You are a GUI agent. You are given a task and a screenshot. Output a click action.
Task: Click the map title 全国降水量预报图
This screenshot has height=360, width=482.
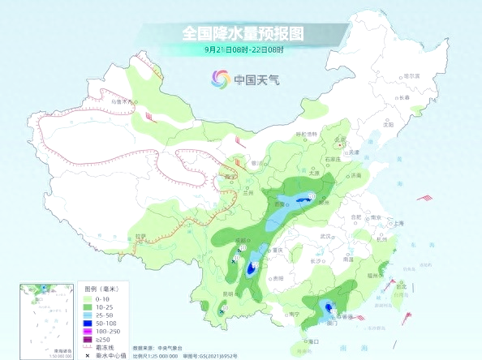241,34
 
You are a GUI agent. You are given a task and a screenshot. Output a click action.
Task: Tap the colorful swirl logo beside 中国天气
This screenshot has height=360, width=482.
220,78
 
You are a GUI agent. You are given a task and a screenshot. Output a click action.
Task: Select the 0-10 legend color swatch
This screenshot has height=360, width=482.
89,298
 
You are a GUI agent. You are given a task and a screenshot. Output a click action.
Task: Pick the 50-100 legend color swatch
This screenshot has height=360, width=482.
89,322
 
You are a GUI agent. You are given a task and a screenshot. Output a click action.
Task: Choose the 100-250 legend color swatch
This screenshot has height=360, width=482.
89,330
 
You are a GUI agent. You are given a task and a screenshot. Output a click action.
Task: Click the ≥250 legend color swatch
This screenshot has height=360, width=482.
89,338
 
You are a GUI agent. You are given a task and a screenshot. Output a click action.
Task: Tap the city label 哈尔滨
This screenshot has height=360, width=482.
414,75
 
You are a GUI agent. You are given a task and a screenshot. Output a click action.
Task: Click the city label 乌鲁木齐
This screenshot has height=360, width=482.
122,101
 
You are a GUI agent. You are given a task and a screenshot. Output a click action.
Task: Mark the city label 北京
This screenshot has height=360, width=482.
340,139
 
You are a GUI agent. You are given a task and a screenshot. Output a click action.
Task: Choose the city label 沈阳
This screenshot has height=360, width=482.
388,125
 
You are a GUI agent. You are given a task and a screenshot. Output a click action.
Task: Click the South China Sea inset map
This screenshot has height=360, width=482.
45,320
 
